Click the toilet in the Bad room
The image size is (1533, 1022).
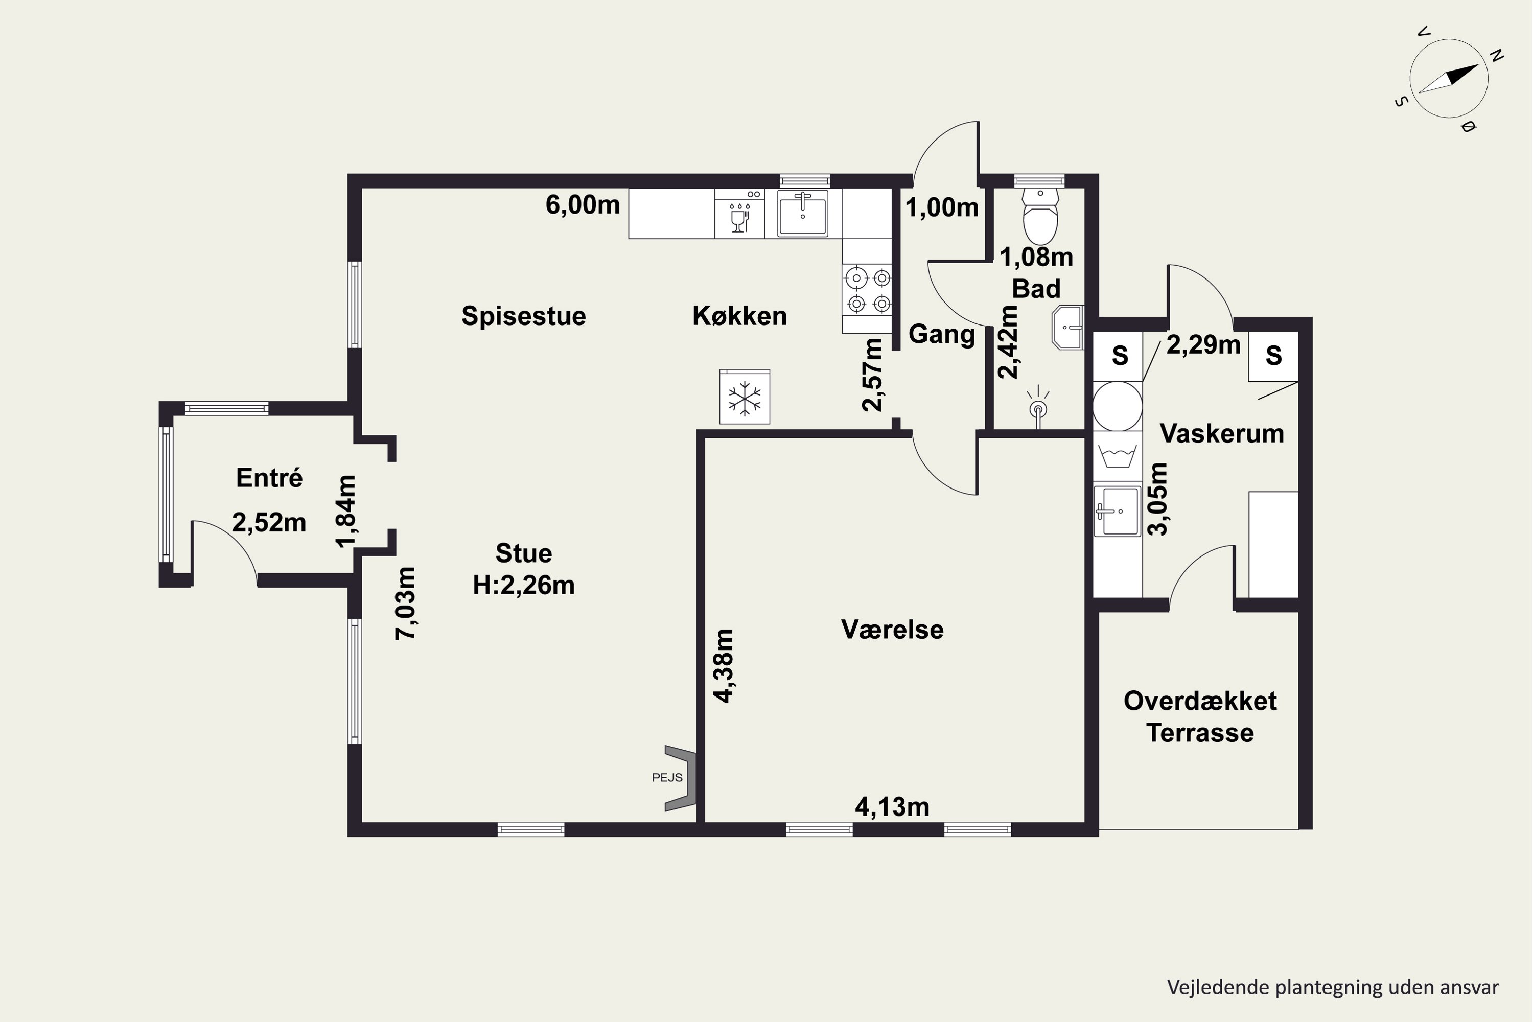click(x=1040, y=216)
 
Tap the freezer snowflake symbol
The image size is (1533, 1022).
click(x=745, y=398)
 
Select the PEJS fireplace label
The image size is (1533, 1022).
click(x=667, y=778)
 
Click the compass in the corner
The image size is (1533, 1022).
click(x=1448, y=79)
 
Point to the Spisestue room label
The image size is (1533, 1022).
click(x=523, y=316)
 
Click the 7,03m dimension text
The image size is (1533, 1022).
click(x=405, y=603)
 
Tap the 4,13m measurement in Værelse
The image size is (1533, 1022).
click(x=892, y=807)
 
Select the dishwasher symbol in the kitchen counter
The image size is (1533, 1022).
click(x=740, y=214)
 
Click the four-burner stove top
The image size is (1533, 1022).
click(x=867, y=291)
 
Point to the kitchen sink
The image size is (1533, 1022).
click(x=802, y=213)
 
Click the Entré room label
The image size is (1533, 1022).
click(x=269, y=478)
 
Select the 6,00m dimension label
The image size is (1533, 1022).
click(x=582, y=205)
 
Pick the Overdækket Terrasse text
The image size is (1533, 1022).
click(x=1200, y=717)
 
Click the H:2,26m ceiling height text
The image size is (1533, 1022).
click(x=523, y=585)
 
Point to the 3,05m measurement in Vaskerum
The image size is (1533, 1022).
click(x=1157, y=499)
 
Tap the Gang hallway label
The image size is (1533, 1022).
click(x=941, y=334)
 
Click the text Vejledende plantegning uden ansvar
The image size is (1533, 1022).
click(x=1332, y=987)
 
